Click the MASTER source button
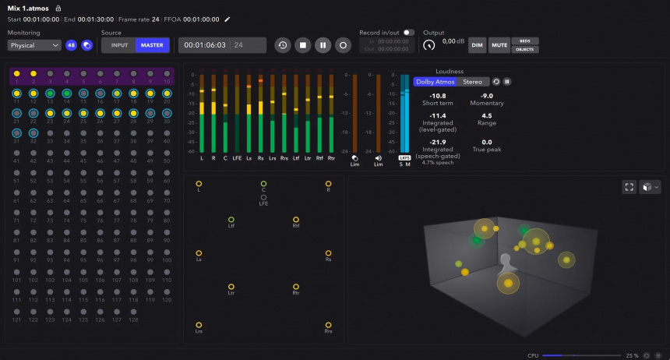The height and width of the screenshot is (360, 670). tap(152, 45)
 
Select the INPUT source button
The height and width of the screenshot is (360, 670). tap(119, 45)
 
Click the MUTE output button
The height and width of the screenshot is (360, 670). tap(499, 45)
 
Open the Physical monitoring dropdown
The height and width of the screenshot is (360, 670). tap(34, 45)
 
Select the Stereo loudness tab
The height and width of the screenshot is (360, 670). tap(472, 81)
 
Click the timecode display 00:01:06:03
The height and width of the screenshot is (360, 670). tap(206, 45)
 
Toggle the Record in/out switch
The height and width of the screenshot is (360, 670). tap(408, 33)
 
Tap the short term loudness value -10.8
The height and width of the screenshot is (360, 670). tap(438, 96)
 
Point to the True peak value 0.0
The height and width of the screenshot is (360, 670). tap(487, 142)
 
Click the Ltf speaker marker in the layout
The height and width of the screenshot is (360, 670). tap(231, 220)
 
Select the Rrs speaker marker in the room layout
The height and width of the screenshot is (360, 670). tap(328, 325)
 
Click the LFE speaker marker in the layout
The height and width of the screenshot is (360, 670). tap(263, 197)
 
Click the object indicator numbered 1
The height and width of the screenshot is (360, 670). tap(16, 73)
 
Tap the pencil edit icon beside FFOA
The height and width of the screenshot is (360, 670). tap(227, 19)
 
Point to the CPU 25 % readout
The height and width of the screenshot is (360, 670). tap(632, 355)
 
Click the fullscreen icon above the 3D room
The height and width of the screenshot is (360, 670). tap(629, 187)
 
